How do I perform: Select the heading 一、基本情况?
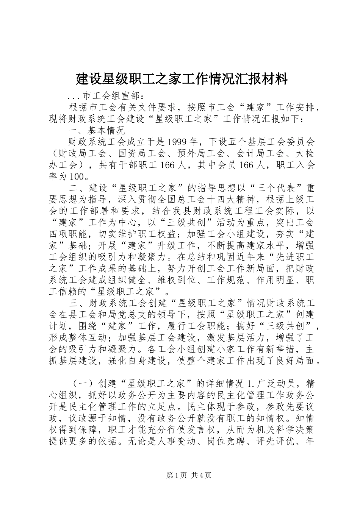click(97, 131)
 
